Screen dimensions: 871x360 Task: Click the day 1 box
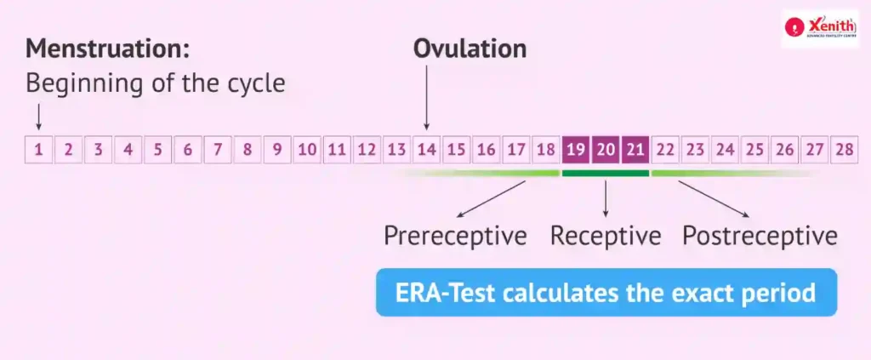[38, 150]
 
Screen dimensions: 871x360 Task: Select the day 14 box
[426, 150]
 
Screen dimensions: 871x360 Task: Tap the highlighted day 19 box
[576, 150]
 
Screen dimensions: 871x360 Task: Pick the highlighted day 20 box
[606, 150]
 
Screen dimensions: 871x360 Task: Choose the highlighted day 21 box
[635, 150]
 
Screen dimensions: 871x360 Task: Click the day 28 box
[844, 150]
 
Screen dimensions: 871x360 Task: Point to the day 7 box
[218, 150]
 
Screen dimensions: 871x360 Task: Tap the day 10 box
[307, 150]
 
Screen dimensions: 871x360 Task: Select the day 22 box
[665, 150]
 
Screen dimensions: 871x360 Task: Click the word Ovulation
[470, 49]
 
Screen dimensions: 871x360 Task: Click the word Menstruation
[108, 49]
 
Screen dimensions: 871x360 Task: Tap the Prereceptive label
[456, 236]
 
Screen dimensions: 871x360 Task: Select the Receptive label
[606, 236]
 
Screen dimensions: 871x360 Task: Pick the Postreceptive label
[760, 236]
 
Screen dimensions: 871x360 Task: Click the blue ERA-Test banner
[606, 293]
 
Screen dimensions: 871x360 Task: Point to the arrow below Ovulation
[427, 97]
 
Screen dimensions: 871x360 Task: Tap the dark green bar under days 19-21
[606, 174]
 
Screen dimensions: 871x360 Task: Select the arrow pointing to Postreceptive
[714, 199]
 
